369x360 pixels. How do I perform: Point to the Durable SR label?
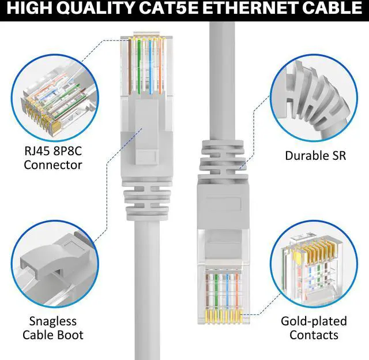click(x=315, y=156)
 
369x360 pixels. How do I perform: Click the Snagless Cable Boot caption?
click(x=53, y=328)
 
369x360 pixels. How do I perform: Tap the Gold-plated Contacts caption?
click(x=314, y=328)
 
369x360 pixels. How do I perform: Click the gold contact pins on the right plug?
click(x=222, y=315)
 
